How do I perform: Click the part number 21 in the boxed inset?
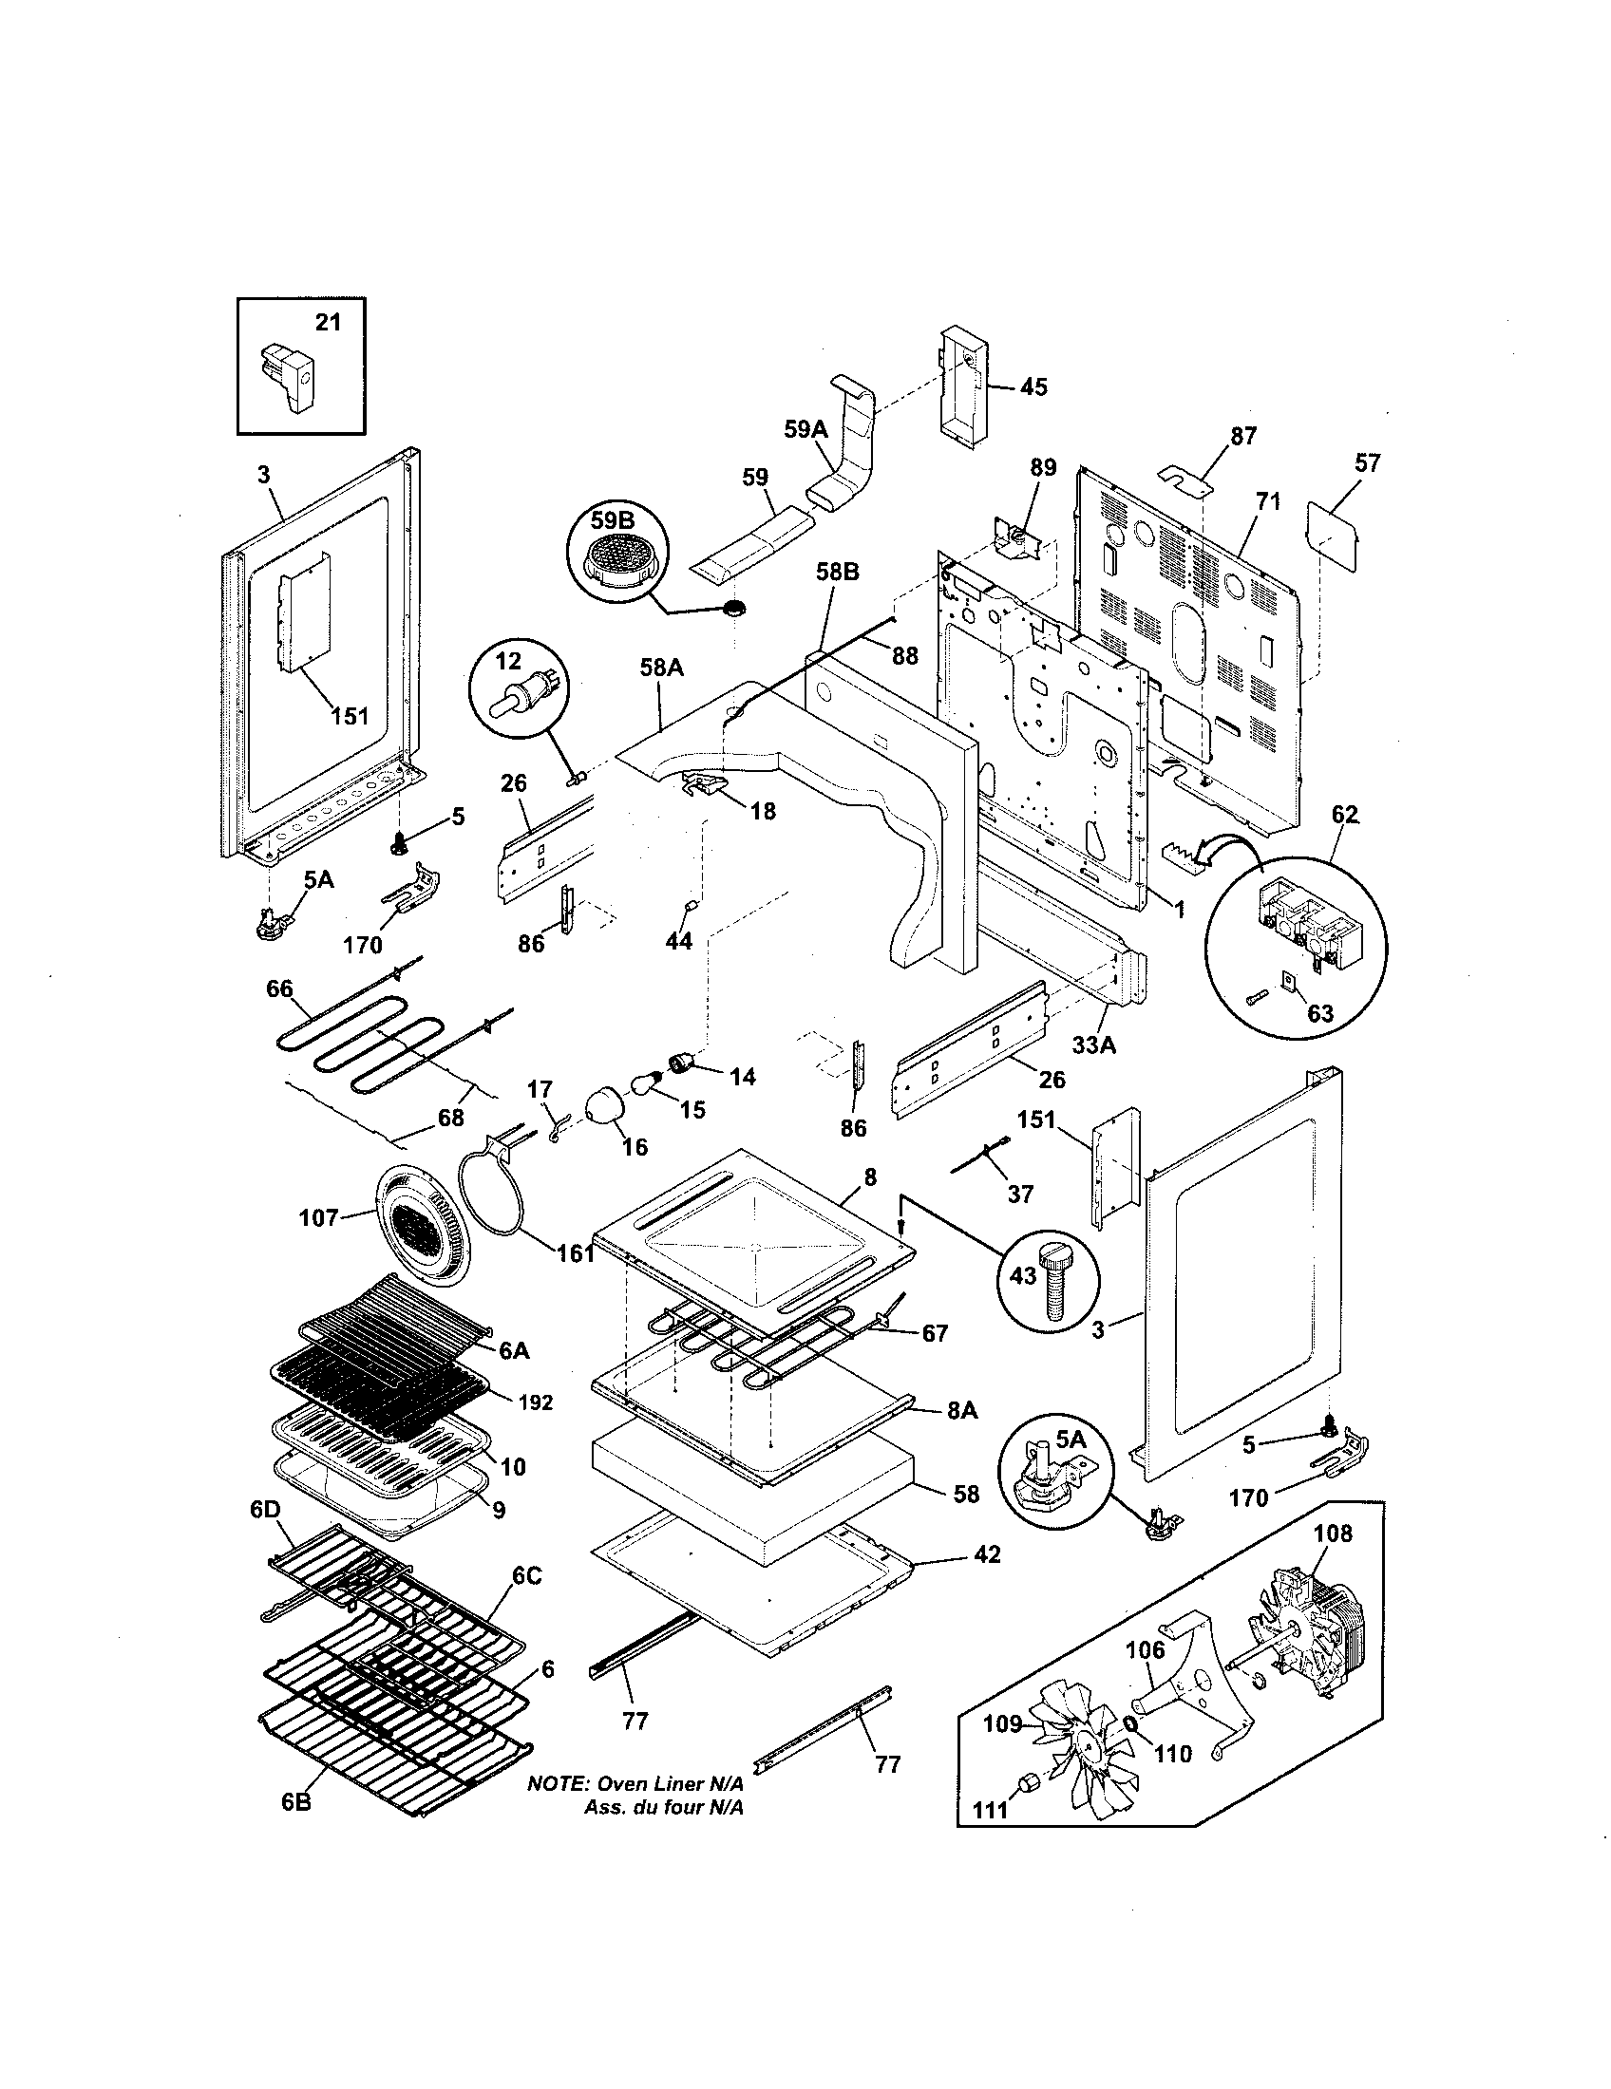tap(327, 322)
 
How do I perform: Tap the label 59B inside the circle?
tap(614, 521)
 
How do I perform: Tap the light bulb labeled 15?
tap(646, 1084)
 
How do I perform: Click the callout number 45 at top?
tap(1033, 386)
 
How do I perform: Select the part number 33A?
tap(1092, 1045)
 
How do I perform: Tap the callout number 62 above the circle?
tap(1344, 815)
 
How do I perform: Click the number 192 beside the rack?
tap(536, 1402)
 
